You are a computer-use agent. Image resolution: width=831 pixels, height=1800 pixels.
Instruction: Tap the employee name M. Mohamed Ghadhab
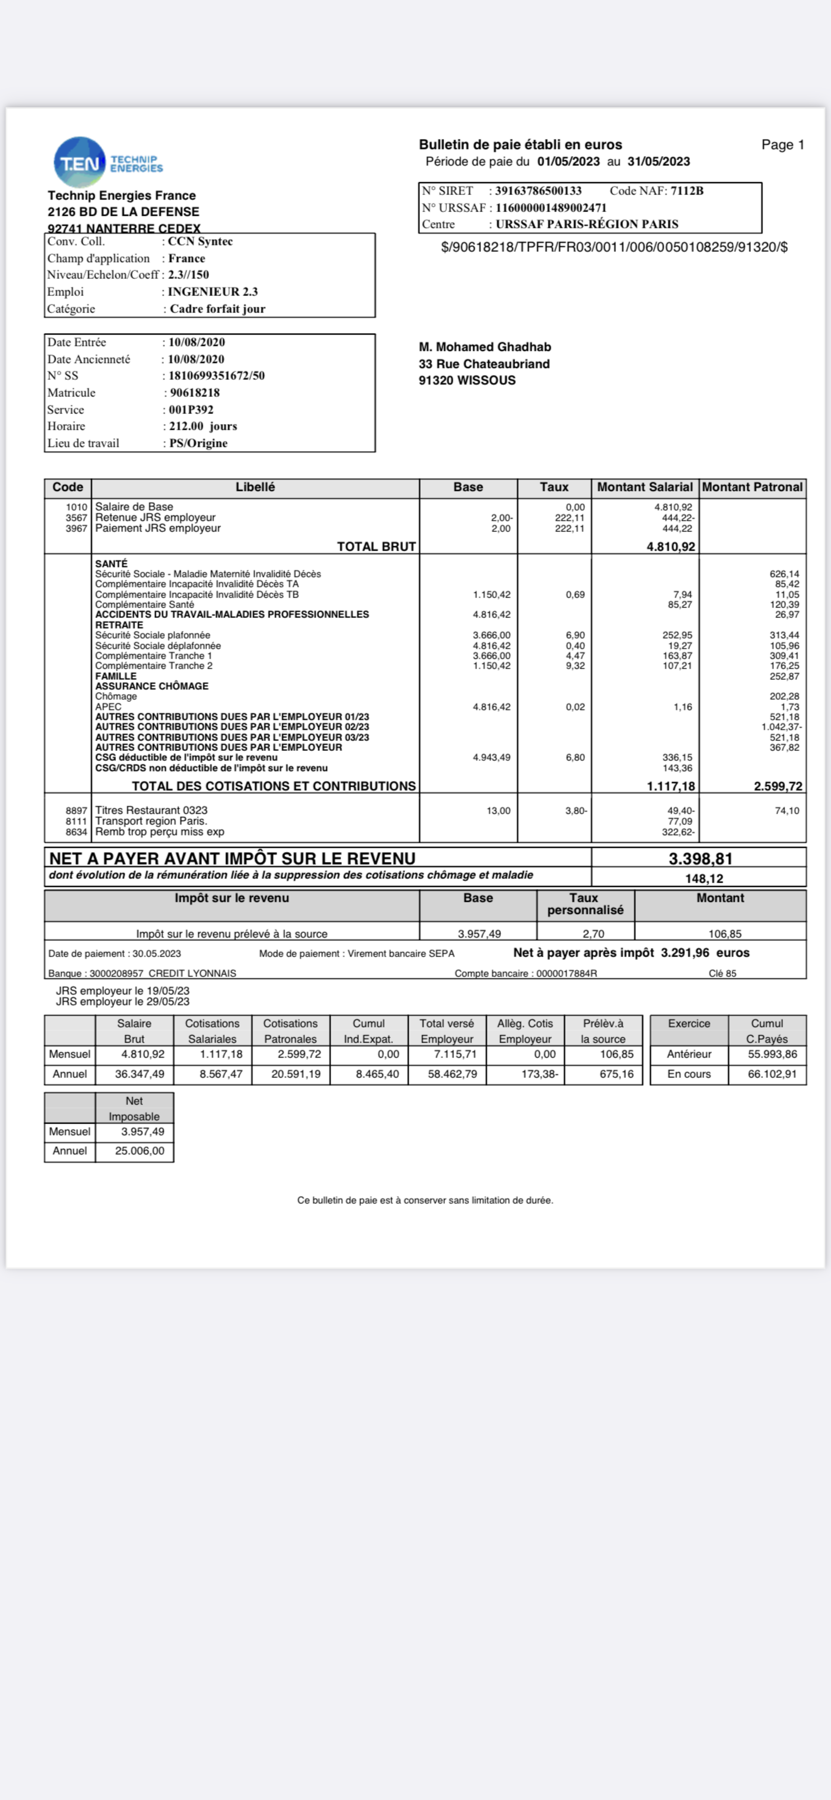484,347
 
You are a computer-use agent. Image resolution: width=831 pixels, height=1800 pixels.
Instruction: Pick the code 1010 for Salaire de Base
77,507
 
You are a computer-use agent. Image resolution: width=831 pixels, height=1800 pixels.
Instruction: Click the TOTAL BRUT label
376,546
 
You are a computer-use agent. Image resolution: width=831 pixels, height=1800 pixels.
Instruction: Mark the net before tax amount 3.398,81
700,859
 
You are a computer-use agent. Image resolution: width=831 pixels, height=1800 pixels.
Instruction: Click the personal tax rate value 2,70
593,934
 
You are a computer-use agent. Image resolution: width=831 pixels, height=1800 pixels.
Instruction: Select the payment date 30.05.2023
156,954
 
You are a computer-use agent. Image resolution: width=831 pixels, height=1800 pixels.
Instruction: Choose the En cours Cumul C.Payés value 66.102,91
772,1074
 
